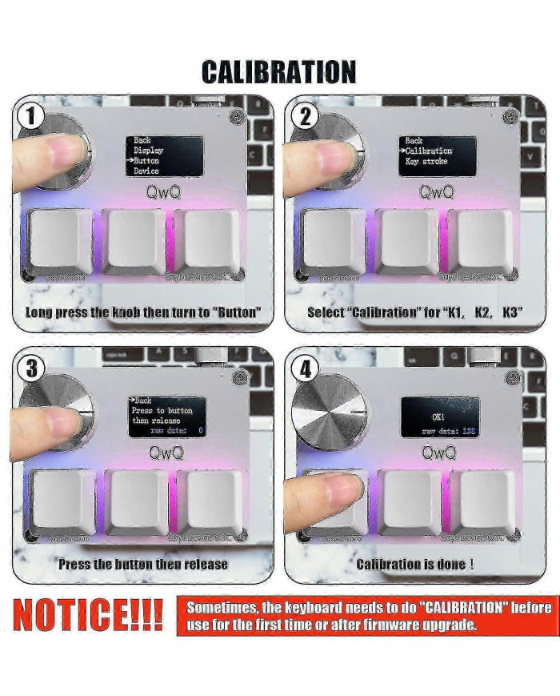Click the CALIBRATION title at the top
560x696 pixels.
coord(278,72)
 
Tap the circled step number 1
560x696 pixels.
coord(30,116)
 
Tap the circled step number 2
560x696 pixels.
coord(303,116)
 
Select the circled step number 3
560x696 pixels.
coord(30,368)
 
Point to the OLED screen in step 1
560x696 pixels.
coord(164,155)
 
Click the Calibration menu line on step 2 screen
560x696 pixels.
coord(428,151)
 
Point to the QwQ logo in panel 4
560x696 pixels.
coord(439,453)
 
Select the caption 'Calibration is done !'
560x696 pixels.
coord(414,564)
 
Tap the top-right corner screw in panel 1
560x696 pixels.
coord(236,118)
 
